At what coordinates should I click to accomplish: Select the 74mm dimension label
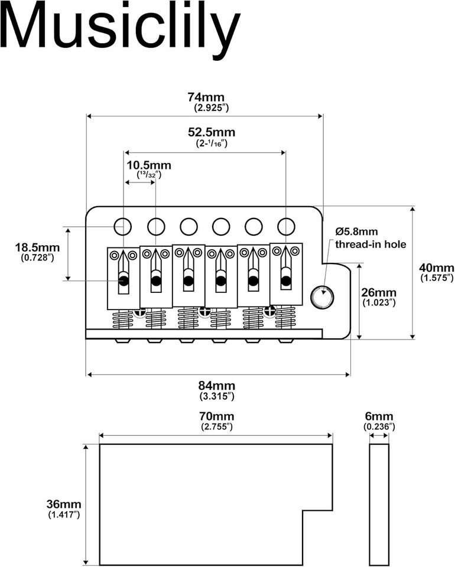[x=206, y=97]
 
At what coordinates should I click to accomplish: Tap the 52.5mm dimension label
[x=211, y=132]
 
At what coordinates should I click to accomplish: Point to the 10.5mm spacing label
[x=149, y=165]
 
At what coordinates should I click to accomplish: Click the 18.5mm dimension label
[x=37, y=247]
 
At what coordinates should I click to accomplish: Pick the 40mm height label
[x=436, y=268]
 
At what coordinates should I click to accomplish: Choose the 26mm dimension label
[x=379, y=292]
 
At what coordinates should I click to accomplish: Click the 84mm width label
[x=217, y=386]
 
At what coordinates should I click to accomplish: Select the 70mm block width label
[x=216, y=416]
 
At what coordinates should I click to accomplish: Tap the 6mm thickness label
[x=379, y=416]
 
